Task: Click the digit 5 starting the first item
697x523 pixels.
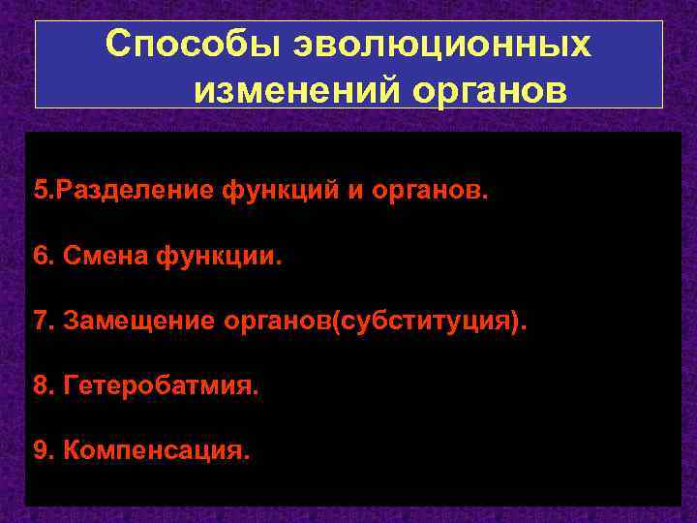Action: click(39, 189)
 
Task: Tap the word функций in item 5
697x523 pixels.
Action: click(278, 189)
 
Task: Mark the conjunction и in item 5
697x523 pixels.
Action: click(354, 189)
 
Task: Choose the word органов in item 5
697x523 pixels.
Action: click(431, 189)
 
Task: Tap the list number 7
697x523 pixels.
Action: click(40, 321)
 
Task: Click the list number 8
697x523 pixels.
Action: click(40, 385)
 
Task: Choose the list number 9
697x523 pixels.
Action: click(40, 450)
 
